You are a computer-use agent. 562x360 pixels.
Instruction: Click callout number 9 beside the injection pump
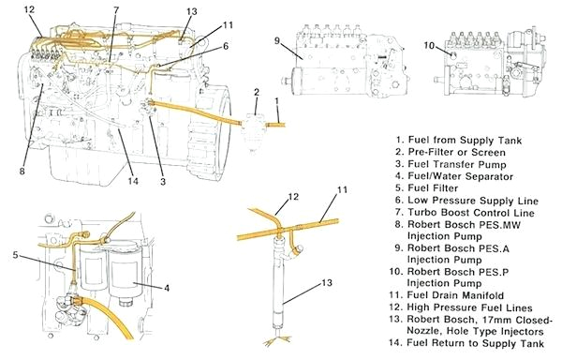click(277, 40)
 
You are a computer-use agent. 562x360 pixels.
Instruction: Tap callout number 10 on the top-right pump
click(428, 44)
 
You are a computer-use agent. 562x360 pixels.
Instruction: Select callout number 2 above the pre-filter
click(255, 92)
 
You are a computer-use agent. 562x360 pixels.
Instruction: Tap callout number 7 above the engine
click(115, 10)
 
